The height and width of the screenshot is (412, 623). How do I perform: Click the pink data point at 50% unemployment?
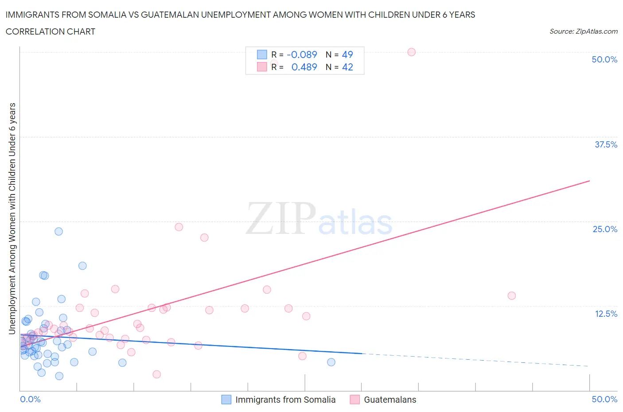point(411,52)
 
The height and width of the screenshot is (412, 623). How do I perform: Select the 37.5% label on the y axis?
point(606,144)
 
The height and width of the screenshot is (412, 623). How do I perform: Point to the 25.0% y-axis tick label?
point(605,229)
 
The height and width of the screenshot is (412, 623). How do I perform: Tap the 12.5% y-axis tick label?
point(606,314)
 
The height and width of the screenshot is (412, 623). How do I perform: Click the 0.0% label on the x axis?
point(30,399)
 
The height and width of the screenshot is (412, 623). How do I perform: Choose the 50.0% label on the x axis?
point(604,399)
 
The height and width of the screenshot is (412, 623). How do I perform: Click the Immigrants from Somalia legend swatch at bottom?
point(226,400)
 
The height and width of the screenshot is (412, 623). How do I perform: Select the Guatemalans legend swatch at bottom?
point(354,400)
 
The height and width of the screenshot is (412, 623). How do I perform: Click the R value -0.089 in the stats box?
point(302,54)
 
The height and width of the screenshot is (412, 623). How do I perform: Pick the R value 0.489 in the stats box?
point(304,67)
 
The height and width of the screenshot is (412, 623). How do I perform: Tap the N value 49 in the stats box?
point(347,54)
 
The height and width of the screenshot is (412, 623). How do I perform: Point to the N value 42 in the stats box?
point(347,67)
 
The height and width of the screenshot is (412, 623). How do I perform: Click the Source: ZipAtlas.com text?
point(583,31)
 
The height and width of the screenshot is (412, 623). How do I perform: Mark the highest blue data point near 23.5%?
point(58,231)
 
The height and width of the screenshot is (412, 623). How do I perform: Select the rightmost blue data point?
point(331,362)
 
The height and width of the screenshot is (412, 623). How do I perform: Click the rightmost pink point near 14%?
point(511,295)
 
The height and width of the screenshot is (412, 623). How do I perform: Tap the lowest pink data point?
point(156,374)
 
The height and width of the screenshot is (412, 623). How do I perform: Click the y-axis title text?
point(12,218)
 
